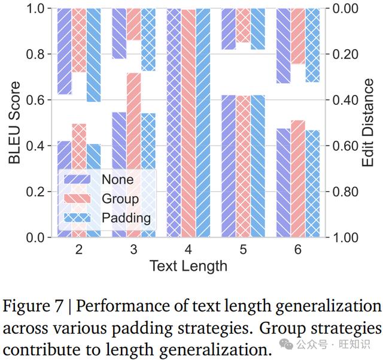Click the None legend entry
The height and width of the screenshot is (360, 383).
tap(99, 180)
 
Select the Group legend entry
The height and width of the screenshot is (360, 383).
tap(101, 199)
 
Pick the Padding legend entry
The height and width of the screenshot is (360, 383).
tap(107, 217)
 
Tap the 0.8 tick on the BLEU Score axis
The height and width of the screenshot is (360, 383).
tap(35, 54)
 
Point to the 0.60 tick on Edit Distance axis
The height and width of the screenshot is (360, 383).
tap(345, 146)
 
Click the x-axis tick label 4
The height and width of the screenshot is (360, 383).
tap(188, 249)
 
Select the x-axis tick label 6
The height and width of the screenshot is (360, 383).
tap(298, 249)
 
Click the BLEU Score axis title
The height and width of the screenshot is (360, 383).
tap(14, 123)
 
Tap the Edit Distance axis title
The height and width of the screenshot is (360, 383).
tap(367, 123)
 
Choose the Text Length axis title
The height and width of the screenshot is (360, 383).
tap(189, 266)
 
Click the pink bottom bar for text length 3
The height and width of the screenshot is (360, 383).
tap(133, 155)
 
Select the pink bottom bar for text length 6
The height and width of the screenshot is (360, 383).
tap(298, 179)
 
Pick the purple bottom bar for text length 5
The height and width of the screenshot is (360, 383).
tap(229, 166)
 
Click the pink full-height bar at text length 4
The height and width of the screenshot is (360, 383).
tap(189, 123)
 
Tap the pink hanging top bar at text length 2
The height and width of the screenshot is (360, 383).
tap(79, 40)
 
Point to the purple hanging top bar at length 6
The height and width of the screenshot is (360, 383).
tap(283, 46)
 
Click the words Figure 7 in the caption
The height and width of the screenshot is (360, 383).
tap(33, 306)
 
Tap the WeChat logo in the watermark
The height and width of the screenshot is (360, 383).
tap(286, 344)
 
